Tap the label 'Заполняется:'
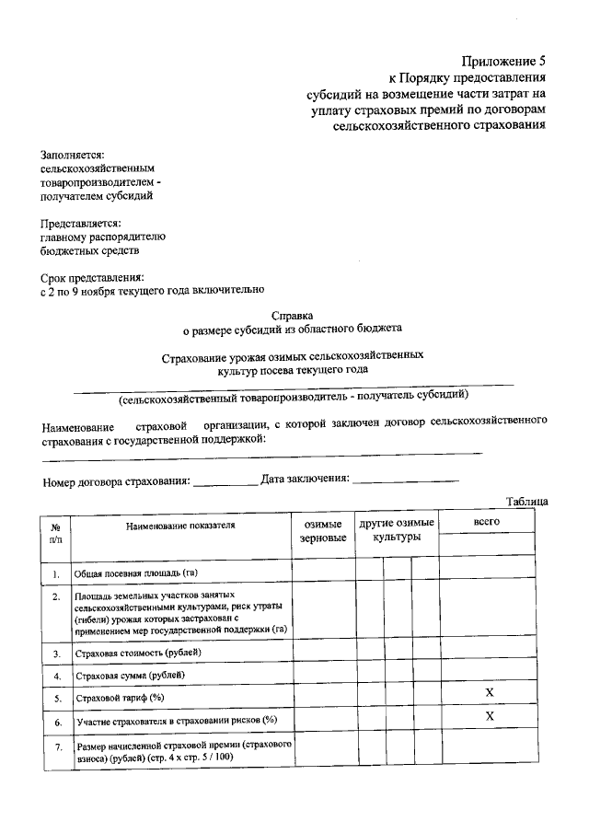pyautogui.click(x=73, y=155)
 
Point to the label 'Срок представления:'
pyautogui.click(x=92, y=276)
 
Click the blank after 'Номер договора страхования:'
pyautogui.click(x=225, y=480)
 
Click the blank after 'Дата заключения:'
pyautogui.click(x=405, y=480)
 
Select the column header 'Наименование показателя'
pyautogui.click(x=180, y=526)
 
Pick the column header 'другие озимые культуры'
pyautogui.click(x=397, y=529)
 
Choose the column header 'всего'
pyautogui.click(x=485, y=522)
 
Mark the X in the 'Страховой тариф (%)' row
pyautogui.click(x=490, y=691)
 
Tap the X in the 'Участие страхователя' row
pyautogui.click(x=490, y=716)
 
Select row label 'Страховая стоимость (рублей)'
pyautogui.click(x=138, y=653)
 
